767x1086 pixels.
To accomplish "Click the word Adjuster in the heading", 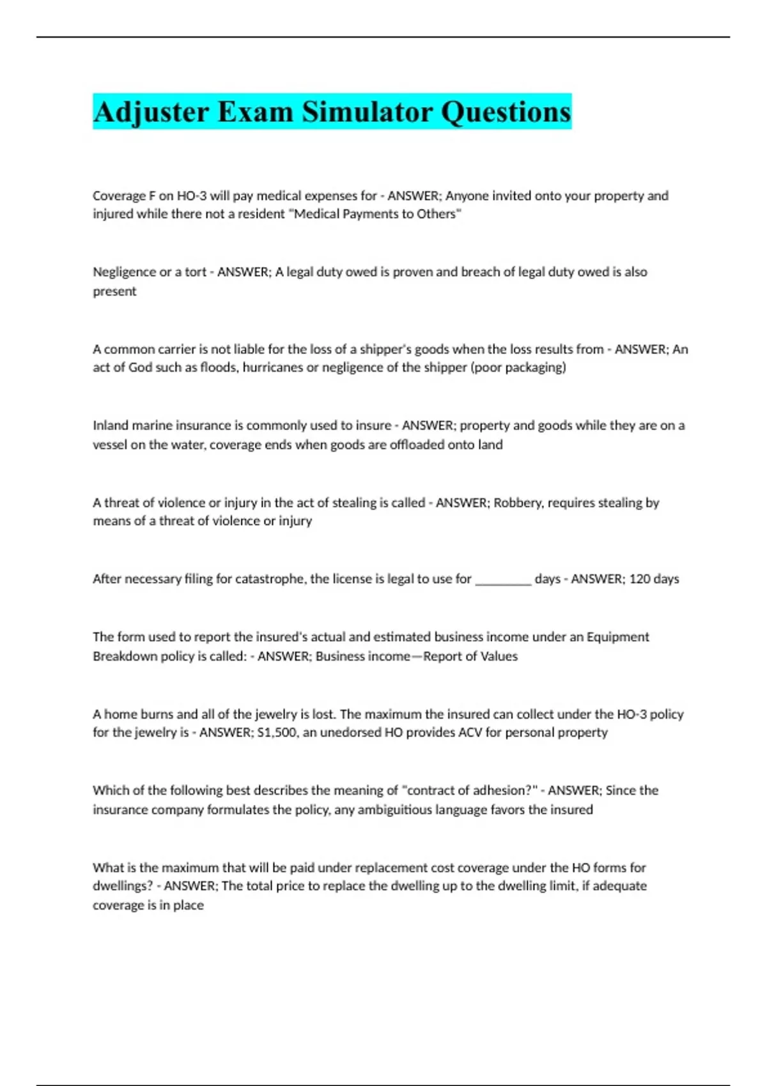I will point(151,112).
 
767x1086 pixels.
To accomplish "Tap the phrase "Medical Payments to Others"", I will point(375,214).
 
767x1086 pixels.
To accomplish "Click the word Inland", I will point(111,425).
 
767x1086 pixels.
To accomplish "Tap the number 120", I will point(640,579).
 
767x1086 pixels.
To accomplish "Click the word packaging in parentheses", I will point(535,367).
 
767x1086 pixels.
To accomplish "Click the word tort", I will point(196,272).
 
